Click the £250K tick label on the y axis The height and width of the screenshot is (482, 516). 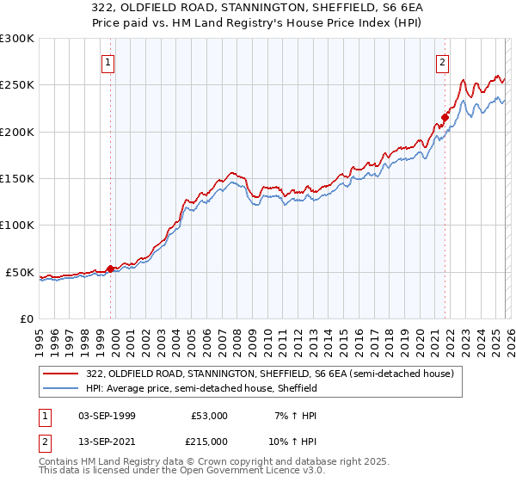pyautogui.click(x=17, y=85)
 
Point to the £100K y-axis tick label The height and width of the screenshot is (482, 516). pyautogui.click(x=17, y=225)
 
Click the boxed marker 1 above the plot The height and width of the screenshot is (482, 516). pyautogui.click(x=109, y=62)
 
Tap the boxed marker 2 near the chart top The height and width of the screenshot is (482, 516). pyautogui.click(x=442, y=62)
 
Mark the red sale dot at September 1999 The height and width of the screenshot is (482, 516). pyautogui.click(x=110, y=269)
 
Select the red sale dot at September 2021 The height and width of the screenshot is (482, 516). pyautogui.click(x=445, y=118)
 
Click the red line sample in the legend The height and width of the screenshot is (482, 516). pyautogui.click(x=61, y=374)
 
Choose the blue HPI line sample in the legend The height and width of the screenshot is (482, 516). pyautogui.click(x=61, y=388)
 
